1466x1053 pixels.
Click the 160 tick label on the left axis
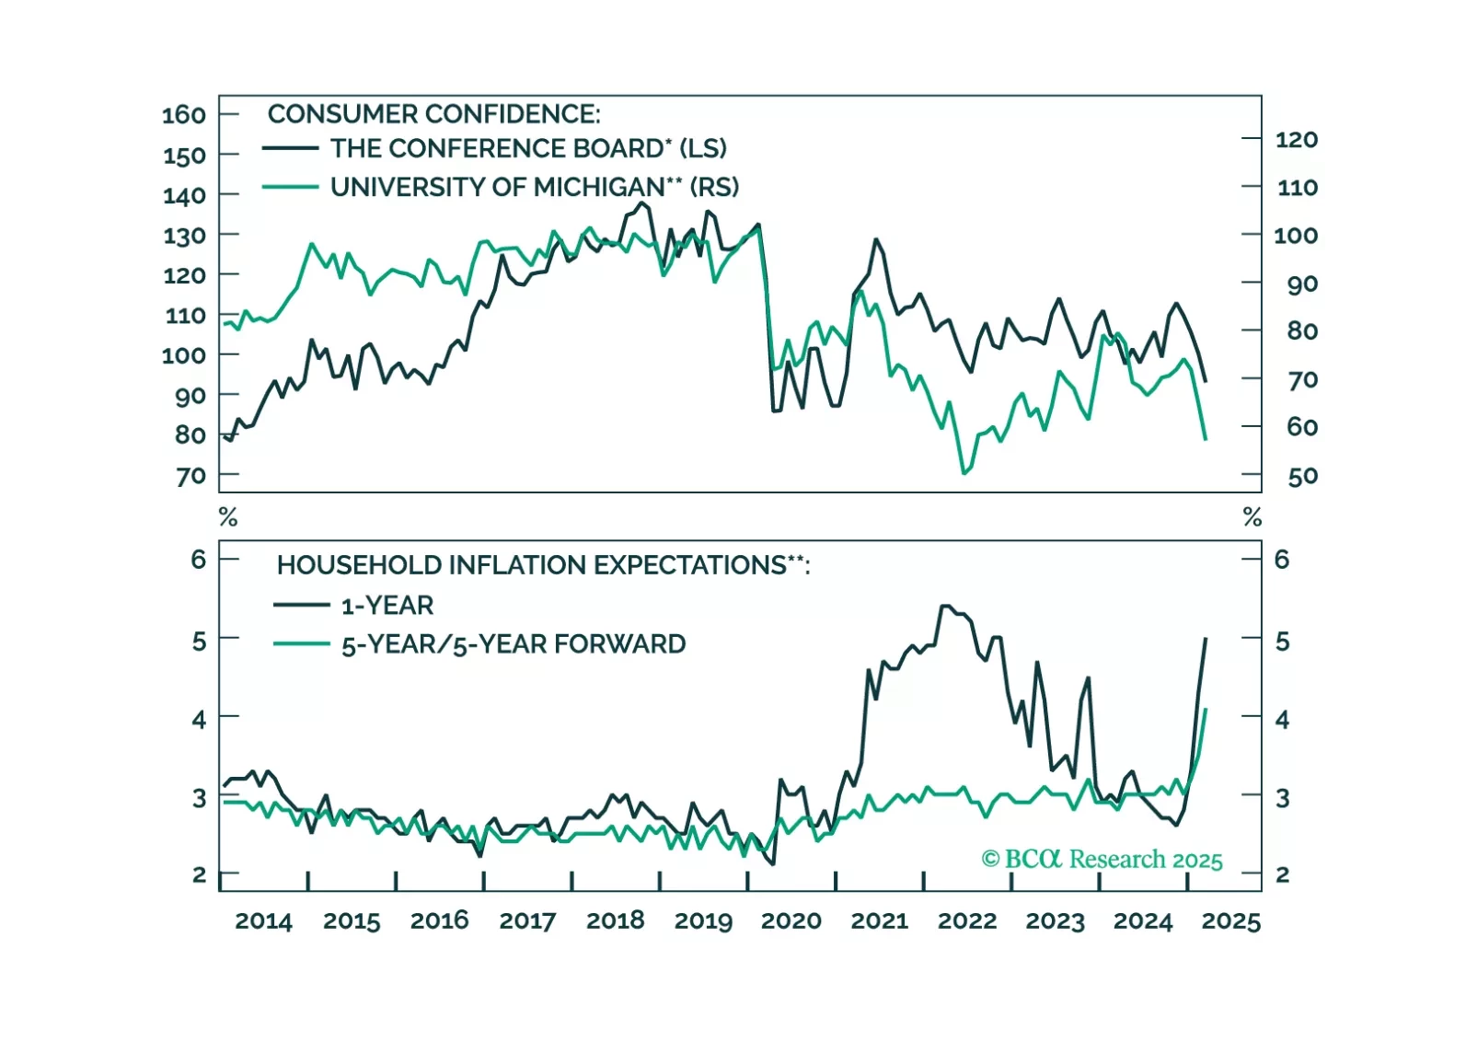pyautogui.click(x=184, y=115)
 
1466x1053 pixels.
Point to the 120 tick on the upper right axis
pyautogui.click(x=1296, y=139)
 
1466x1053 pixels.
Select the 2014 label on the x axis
pyautogui.click(x=263, y=920)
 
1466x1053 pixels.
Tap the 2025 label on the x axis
pyautogui.click(x=1230, y=920)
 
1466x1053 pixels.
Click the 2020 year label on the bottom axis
pyautogui.click(x=791, y=920)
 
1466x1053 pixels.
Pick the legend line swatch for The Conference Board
pyautogui.click(x=290, y=148)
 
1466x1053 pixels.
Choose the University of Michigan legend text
pyautogui.click(x=534, y=187)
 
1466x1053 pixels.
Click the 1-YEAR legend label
pyautogui.click(x=387, y=606)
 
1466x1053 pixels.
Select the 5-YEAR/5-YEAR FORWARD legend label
pyautogui.click(x=513, y=644)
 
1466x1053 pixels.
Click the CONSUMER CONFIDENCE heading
pyautogui.click(x=433, y=114)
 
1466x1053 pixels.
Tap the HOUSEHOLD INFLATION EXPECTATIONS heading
pyautogui.click(x=543, y=565)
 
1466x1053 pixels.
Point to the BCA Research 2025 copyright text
pyautogui.click(x=1102, y=860)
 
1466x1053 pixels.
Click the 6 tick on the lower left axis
pyautogui.click(x=199, y=559)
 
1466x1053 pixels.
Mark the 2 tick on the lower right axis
pyautogui.click(x=1282, y=874)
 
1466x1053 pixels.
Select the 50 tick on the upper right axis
pyautogui.click(x=1302, y=477)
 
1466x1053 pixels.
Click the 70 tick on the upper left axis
pyautogui.click(x=191, y=477)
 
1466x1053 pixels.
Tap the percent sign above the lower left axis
pyautogui.click(x=228, y=517)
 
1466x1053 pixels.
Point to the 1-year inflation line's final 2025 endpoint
pyautogui.click(x=1206, y=638)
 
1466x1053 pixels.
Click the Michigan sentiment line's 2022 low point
pyautogui.click(x=964, y=473)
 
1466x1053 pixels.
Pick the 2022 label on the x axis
pyautogui.click(x=966, y=920)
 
